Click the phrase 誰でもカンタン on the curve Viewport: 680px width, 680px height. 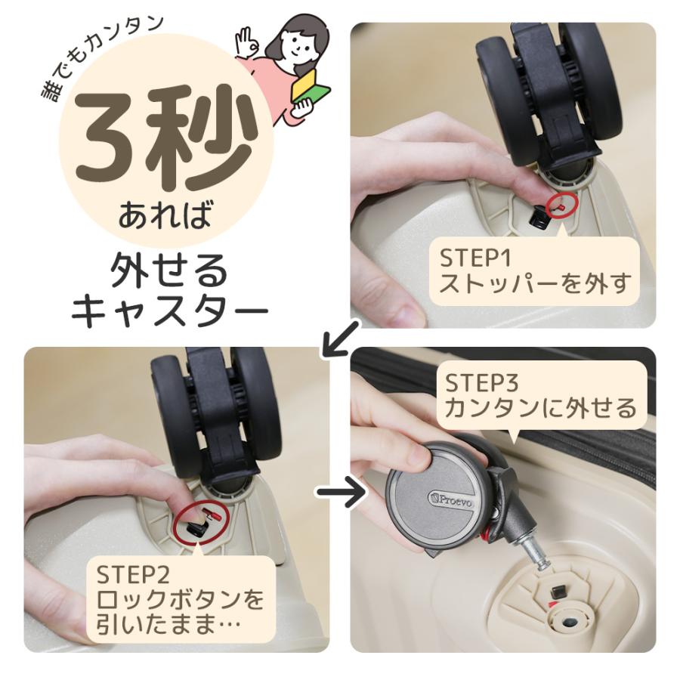[x=98, y=57]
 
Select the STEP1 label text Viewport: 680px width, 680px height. [x=475, y=258]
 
